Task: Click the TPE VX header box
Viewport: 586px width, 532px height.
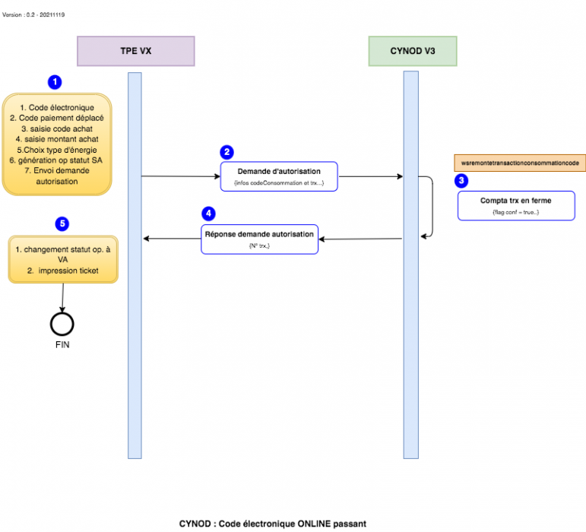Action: click(x=136, y=51)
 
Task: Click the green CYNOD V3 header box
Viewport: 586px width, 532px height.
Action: click(x=413, y=51)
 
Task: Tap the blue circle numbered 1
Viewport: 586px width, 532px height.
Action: click(x=55, y=81)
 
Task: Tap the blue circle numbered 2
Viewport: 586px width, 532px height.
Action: click(x=226, y=152)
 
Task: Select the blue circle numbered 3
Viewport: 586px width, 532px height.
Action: click(x=461, y=181)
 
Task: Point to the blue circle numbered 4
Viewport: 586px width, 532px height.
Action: click(x=209, y=214)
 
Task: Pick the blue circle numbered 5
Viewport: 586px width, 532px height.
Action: click(x=62, y=223)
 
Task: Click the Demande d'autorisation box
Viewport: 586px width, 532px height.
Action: click(x=278, y=176)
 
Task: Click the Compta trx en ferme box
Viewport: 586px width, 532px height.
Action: click(x=516, y=205)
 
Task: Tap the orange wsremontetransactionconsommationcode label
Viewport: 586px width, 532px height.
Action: click(x=519, y=163)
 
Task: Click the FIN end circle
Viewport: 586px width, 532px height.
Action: click(x=62, y=323)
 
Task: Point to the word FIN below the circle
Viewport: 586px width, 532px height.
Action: click(x=62, y=344)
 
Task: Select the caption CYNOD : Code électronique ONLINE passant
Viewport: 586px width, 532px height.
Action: click(x=272, y=523)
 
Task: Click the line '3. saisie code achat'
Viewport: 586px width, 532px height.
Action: click(x=57, y=128)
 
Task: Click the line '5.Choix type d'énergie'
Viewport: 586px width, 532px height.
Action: click(x=57, y=150)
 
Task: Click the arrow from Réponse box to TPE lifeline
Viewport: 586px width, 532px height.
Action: click(x=172, y=239)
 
